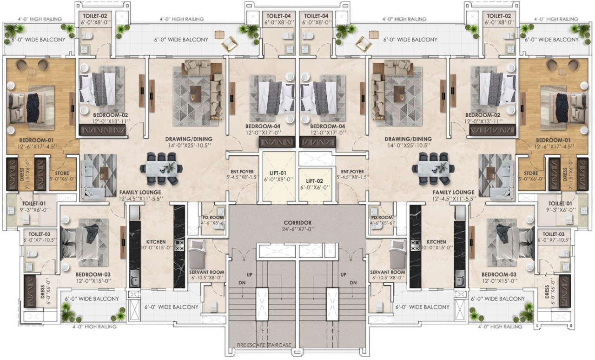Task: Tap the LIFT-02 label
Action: tap(315, 181)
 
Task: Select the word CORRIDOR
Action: tap(297, 223)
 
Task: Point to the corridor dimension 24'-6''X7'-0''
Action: tap(297, 229)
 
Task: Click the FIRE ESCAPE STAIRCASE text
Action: tap(264, 345)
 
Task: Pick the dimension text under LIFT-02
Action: tap(315, 187)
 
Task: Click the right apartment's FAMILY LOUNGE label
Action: tap(453, 192)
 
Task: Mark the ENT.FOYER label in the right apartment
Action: tap(352, 171)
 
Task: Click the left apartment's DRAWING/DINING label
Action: tap(189, 139)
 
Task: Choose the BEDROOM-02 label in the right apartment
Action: tap(483, 115)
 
